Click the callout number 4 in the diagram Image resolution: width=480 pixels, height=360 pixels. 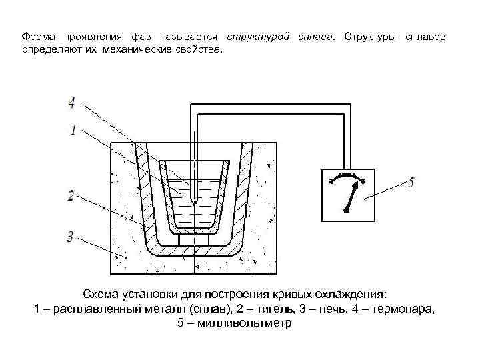[71, 103]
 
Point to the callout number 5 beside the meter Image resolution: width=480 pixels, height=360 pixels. [411, 181]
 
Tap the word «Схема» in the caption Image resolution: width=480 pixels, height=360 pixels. [102, 294]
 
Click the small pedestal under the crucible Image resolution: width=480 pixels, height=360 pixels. [194, 237]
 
